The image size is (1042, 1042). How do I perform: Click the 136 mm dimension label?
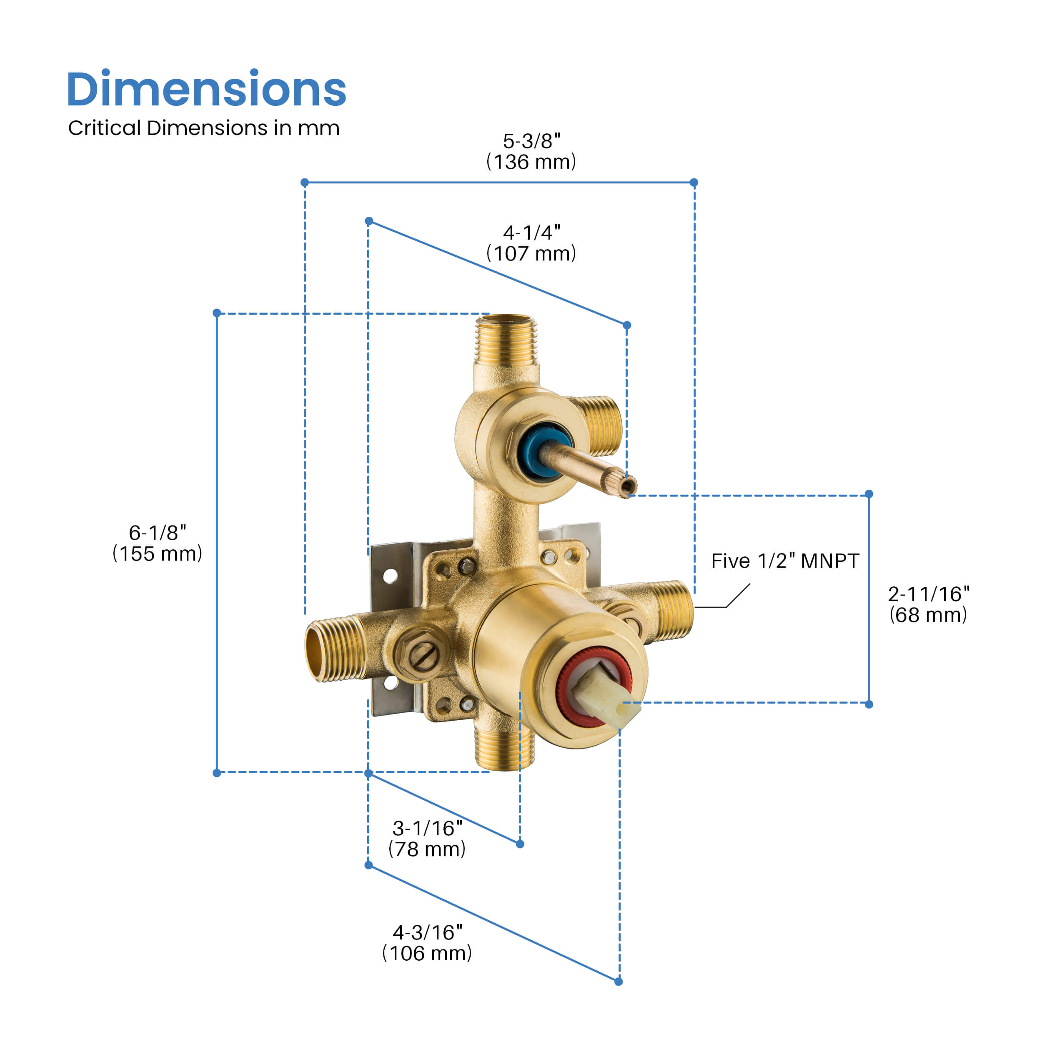point(531,162)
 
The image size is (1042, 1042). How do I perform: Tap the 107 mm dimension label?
point(531,253)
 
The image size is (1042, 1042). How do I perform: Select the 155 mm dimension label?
point(158,554)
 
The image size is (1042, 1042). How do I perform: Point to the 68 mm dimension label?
point(928,615)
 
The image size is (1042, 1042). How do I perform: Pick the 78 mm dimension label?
point(427,849)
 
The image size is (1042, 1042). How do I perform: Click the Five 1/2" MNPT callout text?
point(785,561)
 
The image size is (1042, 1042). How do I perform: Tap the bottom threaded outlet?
point(504,750)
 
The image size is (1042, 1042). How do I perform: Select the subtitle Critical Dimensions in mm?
point(204,128)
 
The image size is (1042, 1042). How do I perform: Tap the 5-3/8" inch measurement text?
point(531,141)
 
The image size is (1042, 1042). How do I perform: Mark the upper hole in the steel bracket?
point(390,576)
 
